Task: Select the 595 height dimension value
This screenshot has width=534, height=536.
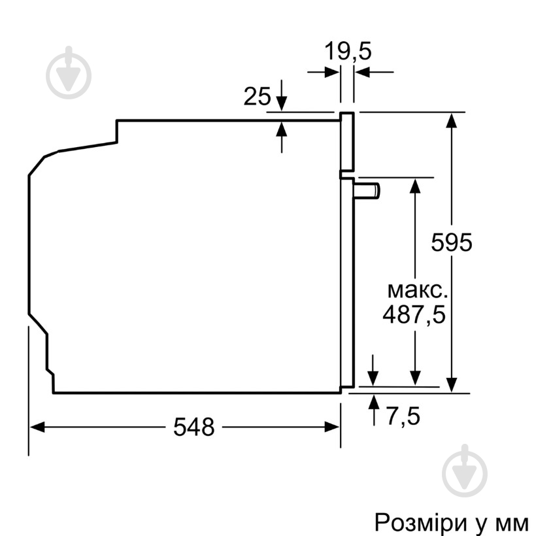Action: tap(451, 243)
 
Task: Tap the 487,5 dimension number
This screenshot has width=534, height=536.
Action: tap(414, 315)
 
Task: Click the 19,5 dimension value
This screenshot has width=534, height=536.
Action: tap(348, 51)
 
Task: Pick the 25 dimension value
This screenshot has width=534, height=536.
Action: tap(257, 97)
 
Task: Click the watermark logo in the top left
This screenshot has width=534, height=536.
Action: tap(69, 73)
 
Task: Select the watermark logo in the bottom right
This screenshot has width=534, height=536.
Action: tap(465, 469)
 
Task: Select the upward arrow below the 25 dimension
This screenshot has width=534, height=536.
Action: tap(282, 127)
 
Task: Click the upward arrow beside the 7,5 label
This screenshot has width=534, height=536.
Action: tap(373, 401)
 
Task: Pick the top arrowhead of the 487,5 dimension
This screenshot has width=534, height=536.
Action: tap(414, 184)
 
